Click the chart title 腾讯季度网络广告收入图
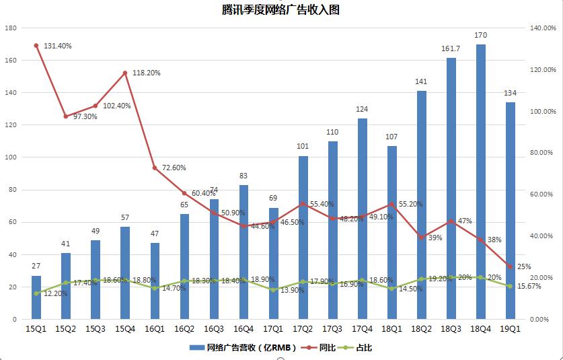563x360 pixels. pos(282,10)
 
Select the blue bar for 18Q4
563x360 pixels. pos(481,182)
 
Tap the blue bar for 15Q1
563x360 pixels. pos(36,297)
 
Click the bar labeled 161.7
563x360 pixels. pos(451,188)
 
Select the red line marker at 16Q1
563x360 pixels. pos(155,168)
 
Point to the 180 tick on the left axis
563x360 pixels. pos(10,28)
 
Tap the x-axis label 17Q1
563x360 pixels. pos(273,329)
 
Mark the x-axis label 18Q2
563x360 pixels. pos(421,329)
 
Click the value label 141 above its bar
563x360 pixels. pos(421,82)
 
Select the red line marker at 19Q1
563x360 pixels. pos(511,266)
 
